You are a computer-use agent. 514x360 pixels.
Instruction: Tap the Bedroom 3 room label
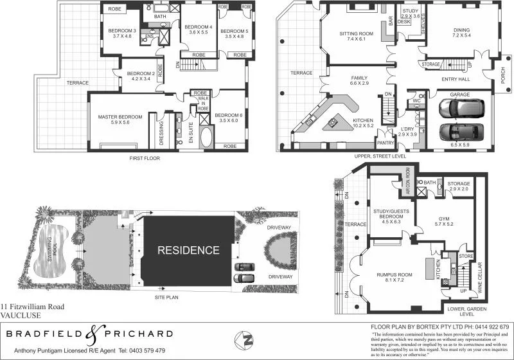[121, 31]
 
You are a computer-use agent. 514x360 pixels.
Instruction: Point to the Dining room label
[461, 30]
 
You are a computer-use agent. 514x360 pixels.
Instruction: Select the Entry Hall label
[456, 79]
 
